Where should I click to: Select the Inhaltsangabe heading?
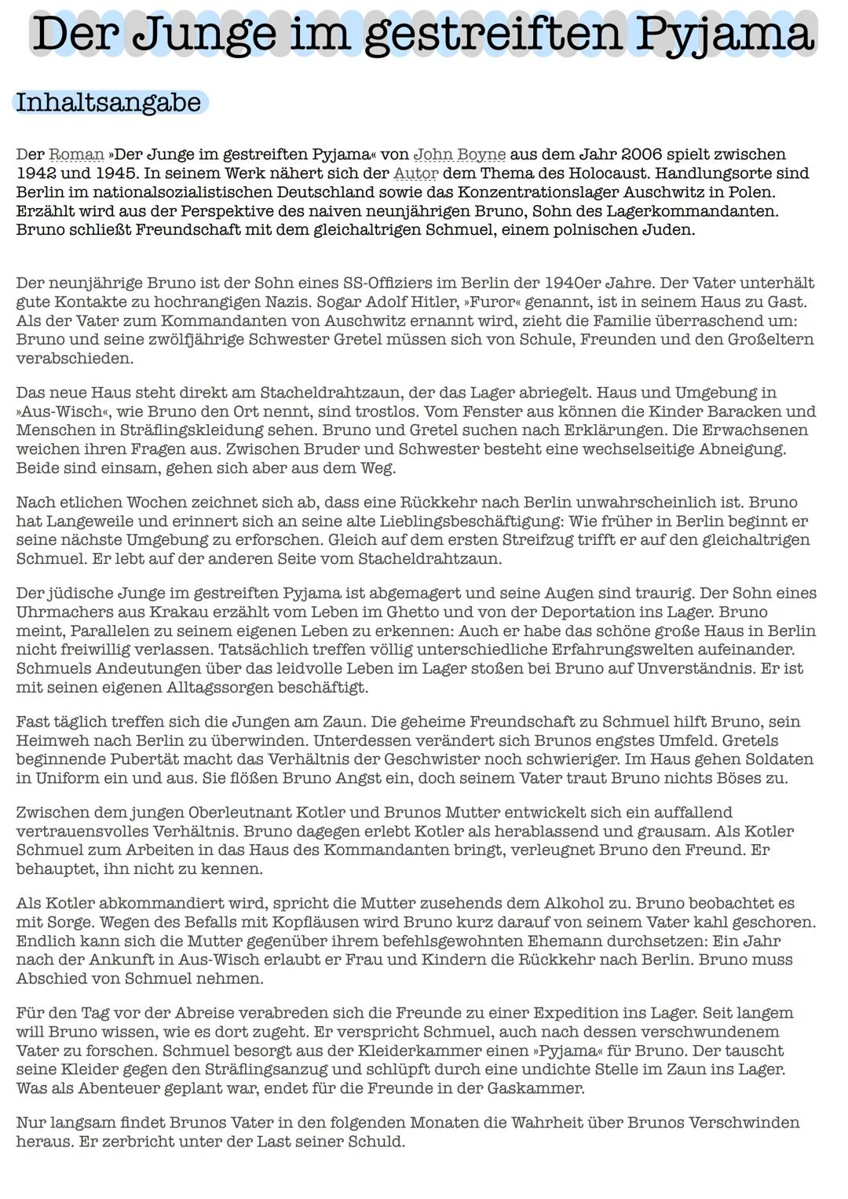(x=108, y=103)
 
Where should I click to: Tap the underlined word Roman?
(x=76, y=155)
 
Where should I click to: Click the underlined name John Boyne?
(x=459, y=155)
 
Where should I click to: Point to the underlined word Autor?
(x=415, y=174)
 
